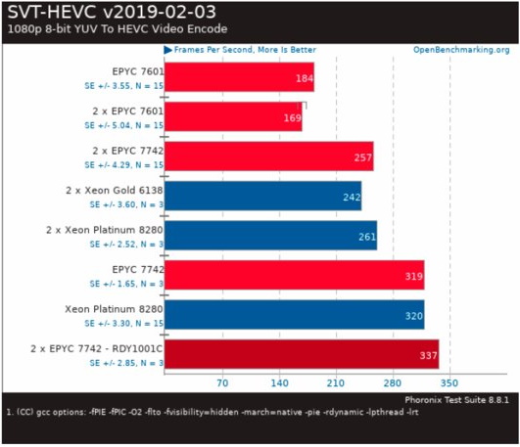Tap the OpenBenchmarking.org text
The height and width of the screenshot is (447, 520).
[x=461, y=49]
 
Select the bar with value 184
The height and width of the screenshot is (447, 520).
[x=238, y=77]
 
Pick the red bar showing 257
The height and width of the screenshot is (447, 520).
[x=268, y=156]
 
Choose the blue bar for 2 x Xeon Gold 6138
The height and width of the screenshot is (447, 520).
[x=262, y=196]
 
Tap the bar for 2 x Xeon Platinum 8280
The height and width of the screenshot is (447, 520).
[x=270, y=236]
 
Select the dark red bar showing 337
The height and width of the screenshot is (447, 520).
[x=301, y=354]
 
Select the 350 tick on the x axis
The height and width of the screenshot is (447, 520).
[x=449, y=384]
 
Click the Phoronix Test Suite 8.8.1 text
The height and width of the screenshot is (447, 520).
[x=457, y=400]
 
